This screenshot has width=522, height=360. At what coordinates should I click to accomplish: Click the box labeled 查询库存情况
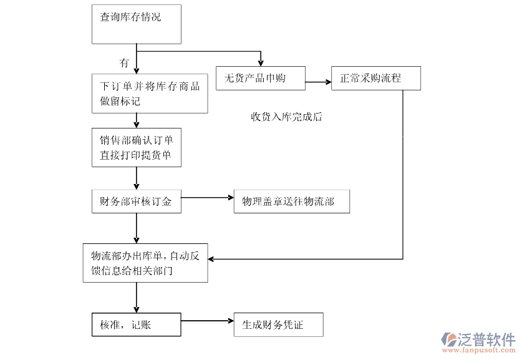coord(137,24)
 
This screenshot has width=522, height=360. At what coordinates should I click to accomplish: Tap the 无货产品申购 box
coord(261,79)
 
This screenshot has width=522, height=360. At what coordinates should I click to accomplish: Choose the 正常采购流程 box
coord(376,79)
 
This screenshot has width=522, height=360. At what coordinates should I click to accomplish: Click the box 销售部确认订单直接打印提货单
coord(137,148)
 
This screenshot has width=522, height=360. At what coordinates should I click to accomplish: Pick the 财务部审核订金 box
coord(137,202)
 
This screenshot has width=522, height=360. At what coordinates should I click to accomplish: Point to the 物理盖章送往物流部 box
coord(291,202)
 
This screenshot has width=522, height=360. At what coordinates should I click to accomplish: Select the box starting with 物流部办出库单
coord(145,263)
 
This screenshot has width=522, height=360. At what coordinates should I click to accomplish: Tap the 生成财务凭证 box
coord(278,324)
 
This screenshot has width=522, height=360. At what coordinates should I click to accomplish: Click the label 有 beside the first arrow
coord(124,63)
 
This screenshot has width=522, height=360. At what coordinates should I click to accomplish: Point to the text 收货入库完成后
coord(286,117)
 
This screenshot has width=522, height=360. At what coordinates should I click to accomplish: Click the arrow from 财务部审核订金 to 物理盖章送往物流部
coord(207,198)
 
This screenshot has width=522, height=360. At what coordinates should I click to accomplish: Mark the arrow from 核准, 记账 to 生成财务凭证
coord(207,321)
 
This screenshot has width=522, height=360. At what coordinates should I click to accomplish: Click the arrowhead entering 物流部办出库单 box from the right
coord(213,258)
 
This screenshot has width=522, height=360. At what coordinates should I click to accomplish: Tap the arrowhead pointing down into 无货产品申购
coord(261,62)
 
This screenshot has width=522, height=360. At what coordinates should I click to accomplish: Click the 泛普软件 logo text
coord(488,339)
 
